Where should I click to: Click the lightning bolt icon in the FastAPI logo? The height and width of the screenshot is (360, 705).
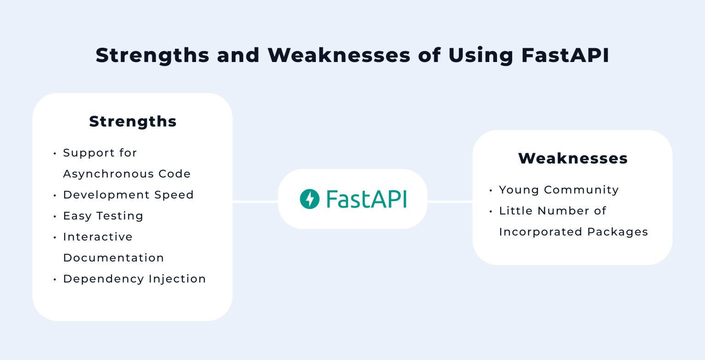(x=309, y=199)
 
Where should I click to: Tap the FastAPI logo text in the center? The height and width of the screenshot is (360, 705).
(x=366, y=199)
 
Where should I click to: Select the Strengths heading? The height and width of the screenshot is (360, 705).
(x=133, y=121)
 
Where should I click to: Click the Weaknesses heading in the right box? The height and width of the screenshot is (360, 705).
(x=573, y=158)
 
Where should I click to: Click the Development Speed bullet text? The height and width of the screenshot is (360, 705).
(x=128, y=195)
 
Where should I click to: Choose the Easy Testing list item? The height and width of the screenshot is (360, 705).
(x=103, y=216)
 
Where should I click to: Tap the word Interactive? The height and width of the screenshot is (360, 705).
(x=98, y=237)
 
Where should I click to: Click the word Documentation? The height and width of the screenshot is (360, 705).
(x=113, y=258)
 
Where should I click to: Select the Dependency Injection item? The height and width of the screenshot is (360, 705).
(x=134, y=279)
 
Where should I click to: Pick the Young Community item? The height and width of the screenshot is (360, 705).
(x=559, y=190)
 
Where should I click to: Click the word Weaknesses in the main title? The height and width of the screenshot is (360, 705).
(x=339, y=55)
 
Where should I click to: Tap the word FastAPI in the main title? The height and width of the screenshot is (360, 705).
(x=565, y=55)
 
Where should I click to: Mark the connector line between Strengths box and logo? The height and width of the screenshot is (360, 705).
(x=255, y=202)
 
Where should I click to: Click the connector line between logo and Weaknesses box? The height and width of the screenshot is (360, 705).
(x=450, y=202)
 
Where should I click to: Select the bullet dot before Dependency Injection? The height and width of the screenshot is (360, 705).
(x=55, y=279)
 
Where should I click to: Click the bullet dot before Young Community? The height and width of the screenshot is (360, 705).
(x=491, y=190)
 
